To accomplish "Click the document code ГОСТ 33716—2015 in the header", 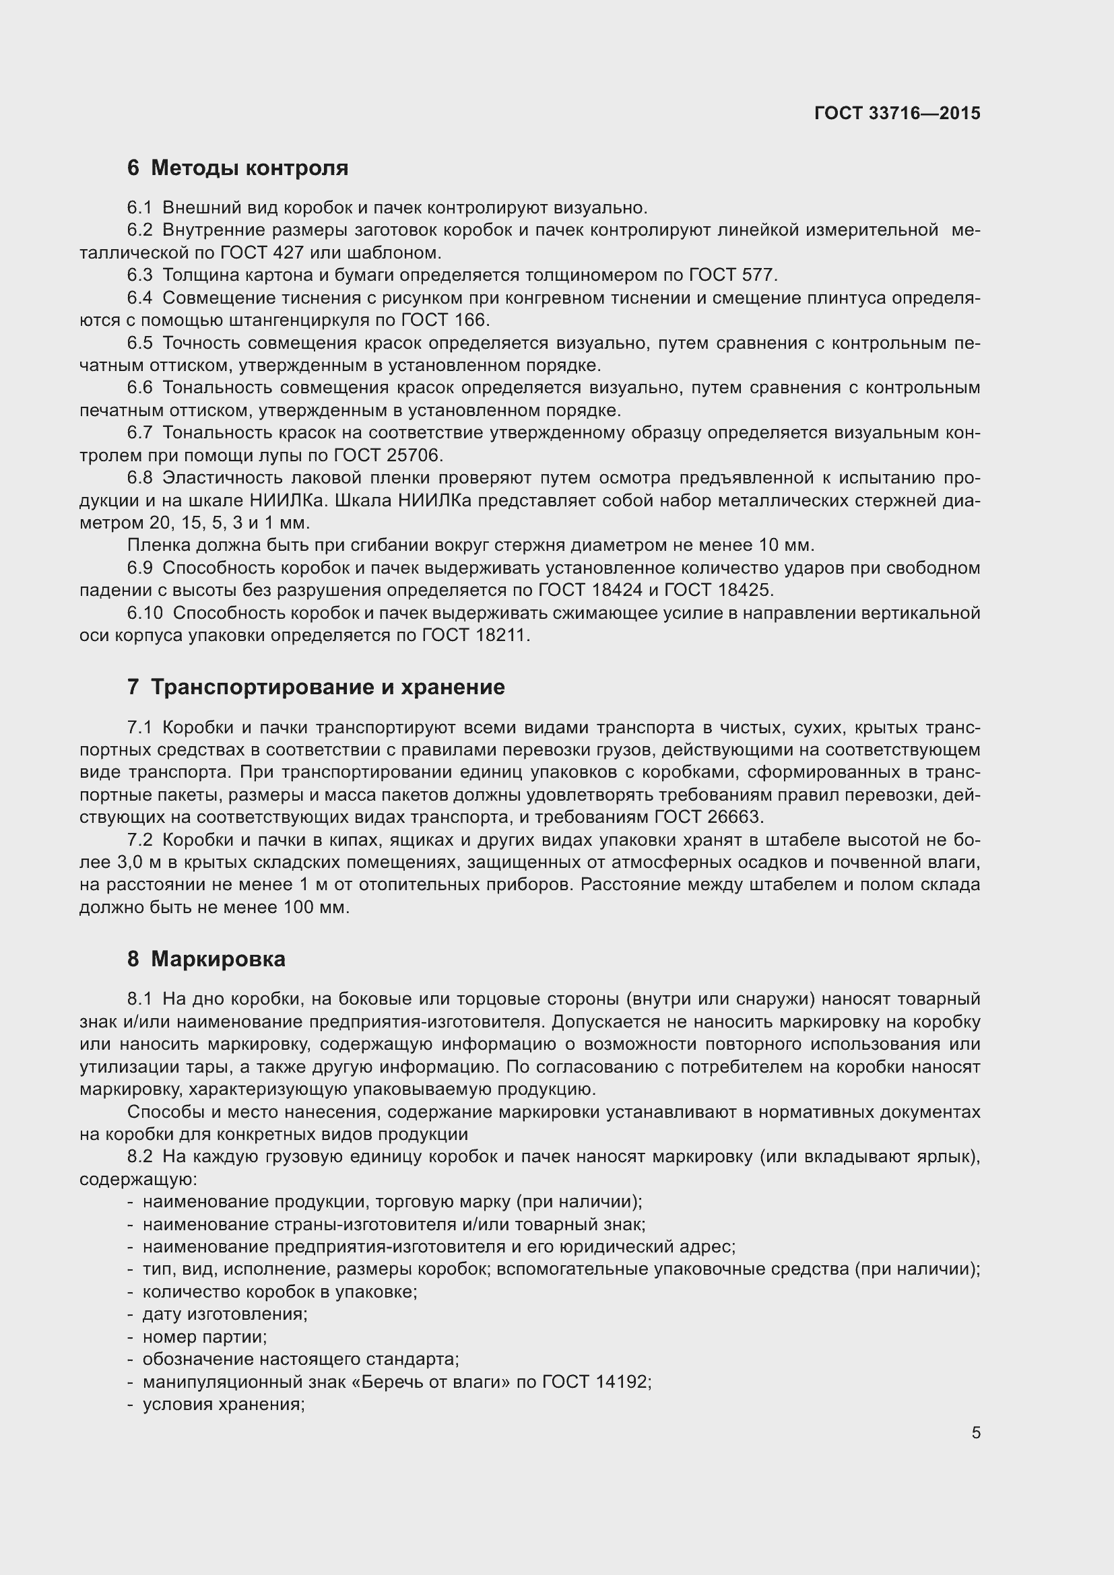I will pos(897,114).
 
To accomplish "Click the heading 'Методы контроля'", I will pos(249,168).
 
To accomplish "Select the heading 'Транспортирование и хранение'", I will pos(327,688).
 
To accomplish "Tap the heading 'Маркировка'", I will pos(218,959).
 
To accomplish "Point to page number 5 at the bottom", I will pos(975,1432).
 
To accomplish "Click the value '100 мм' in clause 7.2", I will pos(315,908).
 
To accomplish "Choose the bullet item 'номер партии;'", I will pos(205,1336).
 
